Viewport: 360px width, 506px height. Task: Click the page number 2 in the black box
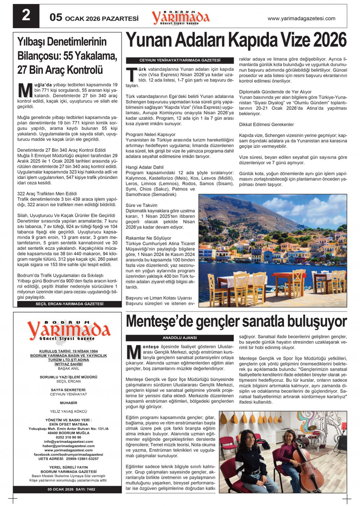pyautogui.click(x=26, y=16)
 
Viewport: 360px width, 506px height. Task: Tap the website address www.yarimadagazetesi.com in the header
pyautogui.click(x=301, y=18)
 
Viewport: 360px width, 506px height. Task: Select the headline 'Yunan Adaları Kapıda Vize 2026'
pyautogui.click(x=236, y=40)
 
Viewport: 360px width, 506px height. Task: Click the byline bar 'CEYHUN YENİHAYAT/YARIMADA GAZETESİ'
pyautogui.click(x=180, y=60)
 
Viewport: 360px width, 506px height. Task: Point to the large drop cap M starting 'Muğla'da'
pyautogui.click(x=25, y=91)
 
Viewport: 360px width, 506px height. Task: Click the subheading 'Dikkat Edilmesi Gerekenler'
pyautogui.click(x=266, y=125)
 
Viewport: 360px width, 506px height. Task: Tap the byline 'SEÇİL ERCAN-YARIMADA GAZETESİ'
pyautogui.click(x=69, y=304)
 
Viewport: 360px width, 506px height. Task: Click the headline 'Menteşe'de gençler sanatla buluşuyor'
pyautogui.click(x=236, y=321)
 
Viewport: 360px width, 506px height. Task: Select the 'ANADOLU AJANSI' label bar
pyautogui.click(x=180, y=338)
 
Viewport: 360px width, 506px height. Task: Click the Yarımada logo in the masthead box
pyautogui.click(x=68, y=330)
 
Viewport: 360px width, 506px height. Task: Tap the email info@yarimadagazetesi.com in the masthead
pyautogui.click(x=68, y=442)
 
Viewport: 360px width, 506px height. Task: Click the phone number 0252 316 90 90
pyautogui.click(x=68, y=437)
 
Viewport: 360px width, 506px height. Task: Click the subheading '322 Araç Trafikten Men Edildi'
pyautogui.click(x=47, y=194)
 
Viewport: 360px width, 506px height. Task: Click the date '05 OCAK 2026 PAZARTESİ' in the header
pyautogui.click(x=94, y=18)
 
